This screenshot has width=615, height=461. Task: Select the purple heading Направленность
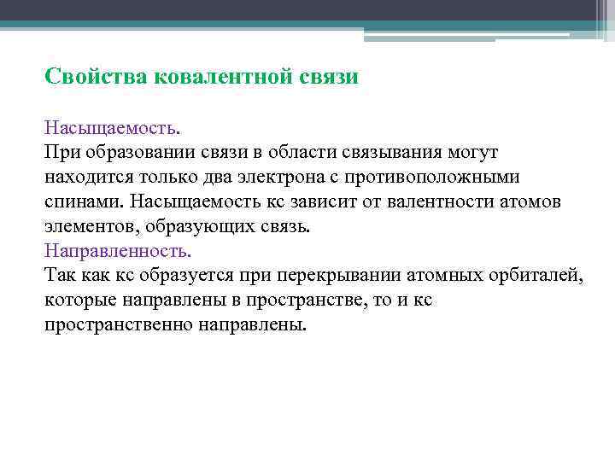tap(118, 251)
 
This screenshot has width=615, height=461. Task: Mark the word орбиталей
tap(535, 276)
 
